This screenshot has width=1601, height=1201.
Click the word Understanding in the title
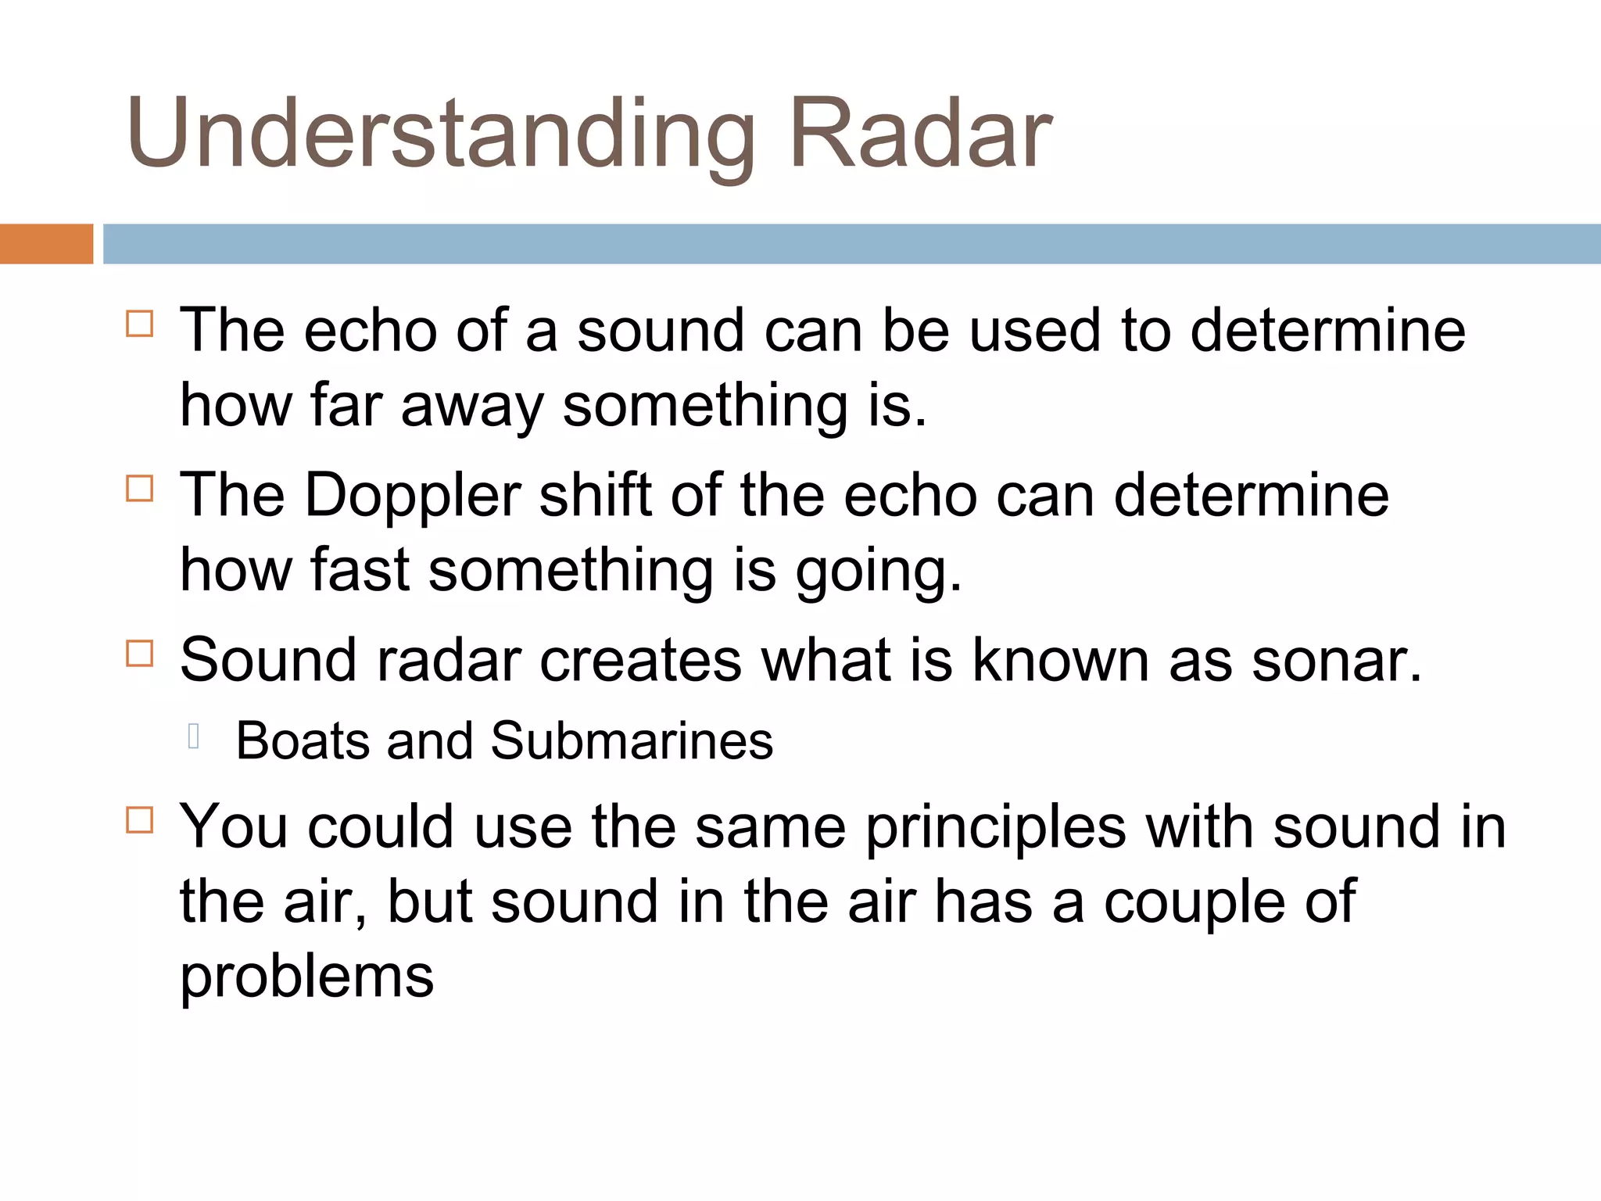(x=440, y=134)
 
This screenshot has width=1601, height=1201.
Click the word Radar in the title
(x=920, y=134)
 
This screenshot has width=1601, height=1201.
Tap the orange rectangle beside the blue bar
(x=46, y=244)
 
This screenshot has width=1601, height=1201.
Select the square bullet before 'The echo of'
(x=139, y=323)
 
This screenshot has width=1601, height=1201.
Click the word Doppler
(x=412, y=497)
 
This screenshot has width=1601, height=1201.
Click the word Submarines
(x=632, y=740)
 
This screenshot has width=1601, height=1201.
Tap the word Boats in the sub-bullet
(x=303, y=740)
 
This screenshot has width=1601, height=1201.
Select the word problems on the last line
(x=306, y=977)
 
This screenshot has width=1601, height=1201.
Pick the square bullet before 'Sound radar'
(x=139, y=653)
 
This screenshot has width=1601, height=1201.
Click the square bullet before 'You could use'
(x=139, y=819)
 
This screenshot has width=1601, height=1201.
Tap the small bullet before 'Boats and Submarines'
(x=194, y=737)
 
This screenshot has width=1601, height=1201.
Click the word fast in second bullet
(x=360, y=569)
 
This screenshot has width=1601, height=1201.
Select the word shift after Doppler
(x=595, y=495)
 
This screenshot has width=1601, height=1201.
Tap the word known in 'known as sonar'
(x=1060, y=661)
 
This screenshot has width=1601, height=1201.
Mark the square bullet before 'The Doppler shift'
(x=139, y=489)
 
